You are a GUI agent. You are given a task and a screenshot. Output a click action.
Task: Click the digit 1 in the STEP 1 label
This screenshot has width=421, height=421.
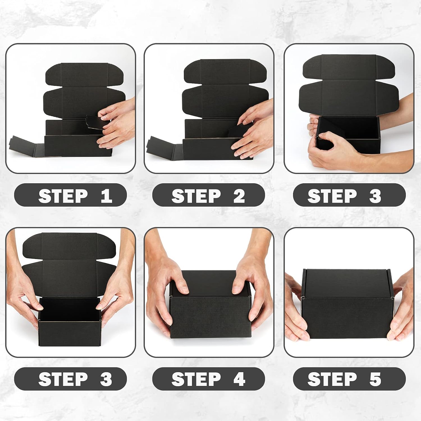(x=107, y=196)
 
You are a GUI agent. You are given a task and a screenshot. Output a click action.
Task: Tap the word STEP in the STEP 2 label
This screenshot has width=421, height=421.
(x=196, y=196)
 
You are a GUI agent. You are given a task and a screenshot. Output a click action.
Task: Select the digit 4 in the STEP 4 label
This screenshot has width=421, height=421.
(x=239, y=379)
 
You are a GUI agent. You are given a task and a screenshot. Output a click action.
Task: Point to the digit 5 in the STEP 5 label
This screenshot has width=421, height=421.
(x=375, y=379)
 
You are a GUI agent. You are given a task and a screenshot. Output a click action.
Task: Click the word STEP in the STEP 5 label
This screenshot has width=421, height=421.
(x=332, y=379)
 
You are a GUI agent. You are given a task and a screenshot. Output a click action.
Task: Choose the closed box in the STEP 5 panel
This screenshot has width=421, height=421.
(x=347, y=306)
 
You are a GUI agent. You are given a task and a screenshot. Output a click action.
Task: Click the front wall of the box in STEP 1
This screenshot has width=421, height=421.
(x=73, y=146)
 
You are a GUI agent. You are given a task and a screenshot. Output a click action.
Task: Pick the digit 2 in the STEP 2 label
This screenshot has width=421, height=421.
(x=239, y=196)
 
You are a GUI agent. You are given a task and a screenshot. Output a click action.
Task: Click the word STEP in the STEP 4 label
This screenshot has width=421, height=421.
(x=196, y=379)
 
